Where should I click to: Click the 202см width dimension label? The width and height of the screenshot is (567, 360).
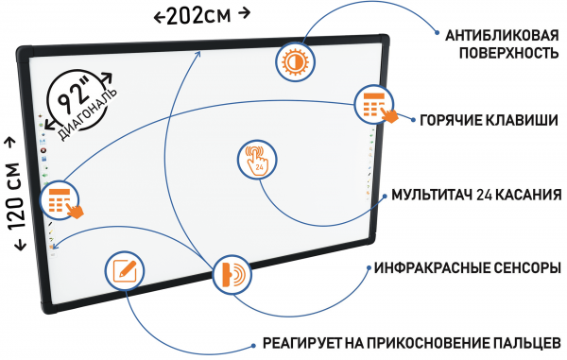201,14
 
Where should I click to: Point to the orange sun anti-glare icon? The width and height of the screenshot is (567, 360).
293,61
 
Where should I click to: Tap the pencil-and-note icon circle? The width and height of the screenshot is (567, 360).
124,270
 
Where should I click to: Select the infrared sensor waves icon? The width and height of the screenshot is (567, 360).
232,275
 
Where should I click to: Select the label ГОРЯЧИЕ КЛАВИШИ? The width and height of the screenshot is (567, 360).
487,120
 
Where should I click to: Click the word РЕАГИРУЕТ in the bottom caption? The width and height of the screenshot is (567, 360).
294,342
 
